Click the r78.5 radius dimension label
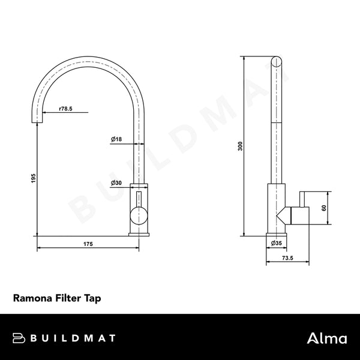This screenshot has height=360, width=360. pos(66,109)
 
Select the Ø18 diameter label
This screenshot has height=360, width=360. pos(116,139)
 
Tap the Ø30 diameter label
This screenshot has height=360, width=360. pos(116,182)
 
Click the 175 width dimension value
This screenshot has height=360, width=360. pos(87,244)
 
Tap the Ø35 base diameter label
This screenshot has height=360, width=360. pos(277,243)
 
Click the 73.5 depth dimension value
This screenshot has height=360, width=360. pos(287,258)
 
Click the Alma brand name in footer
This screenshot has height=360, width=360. pos(328,338)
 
